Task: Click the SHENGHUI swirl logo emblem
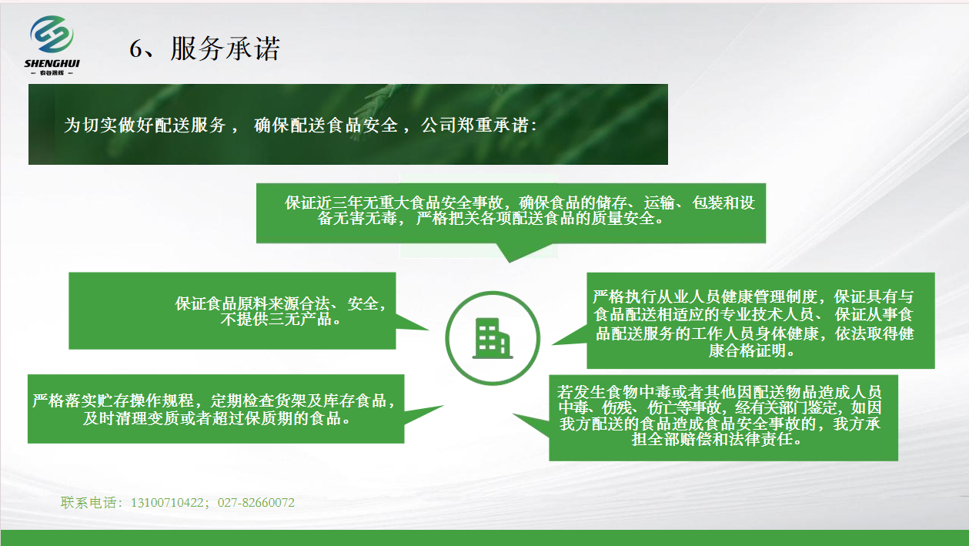point(52,34)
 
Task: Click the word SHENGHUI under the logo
point(52,64)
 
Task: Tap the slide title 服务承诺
point(225,48)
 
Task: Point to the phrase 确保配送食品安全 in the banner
point(326,125)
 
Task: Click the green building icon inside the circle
point(493,338)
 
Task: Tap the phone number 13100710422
point(167,503)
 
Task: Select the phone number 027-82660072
point(256,503)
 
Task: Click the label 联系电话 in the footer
point(89,503)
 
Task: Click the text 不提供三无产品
point(276,320)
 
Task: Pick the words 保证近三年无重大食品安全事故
point(393,203)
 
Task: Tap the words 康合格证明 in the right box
point(747,350)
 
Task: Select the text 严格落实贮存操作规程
point(113,400)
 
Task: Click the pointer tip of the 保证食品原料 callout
point(428,330)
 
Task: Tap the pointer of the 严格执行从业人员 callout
point(553,345)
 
